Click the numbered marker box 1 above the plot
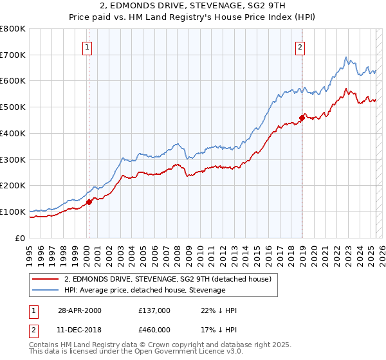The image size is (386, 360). [87, 46]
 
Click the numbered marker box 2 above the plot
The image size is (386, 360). [300, 46]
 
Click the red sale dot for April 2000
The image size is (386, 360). [89, 202]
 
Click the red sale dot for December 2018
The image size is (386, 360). [302, 118]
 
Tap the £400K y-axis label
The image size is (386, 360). [13, 134]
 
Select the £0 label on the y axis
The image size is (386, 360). [21, 238]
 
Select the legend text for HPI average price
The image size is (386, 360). [145, 290]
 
